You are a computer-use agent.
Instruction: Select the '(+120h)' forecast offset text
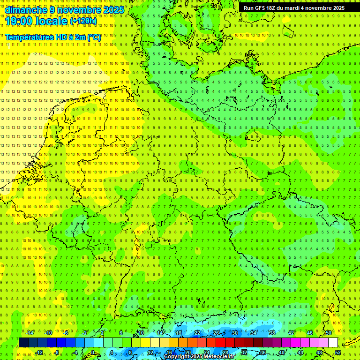click(83, 21)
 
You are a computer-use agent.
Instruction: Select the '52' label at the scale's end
click(338, 352)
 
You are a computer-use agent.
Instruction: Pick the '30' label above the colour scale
click(234, 333)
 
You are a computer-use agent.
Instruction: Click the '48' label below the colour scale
click(319, 352)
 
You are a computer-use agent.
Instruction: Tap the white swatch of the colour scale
click(333, 343)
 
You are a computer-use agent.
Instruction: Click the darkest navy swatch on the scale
click(23, 343)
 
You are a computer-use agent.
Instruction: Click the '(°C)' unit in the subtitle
click(94, 37)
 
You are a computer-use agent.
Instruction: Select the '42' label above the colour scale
click(291, 333)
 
